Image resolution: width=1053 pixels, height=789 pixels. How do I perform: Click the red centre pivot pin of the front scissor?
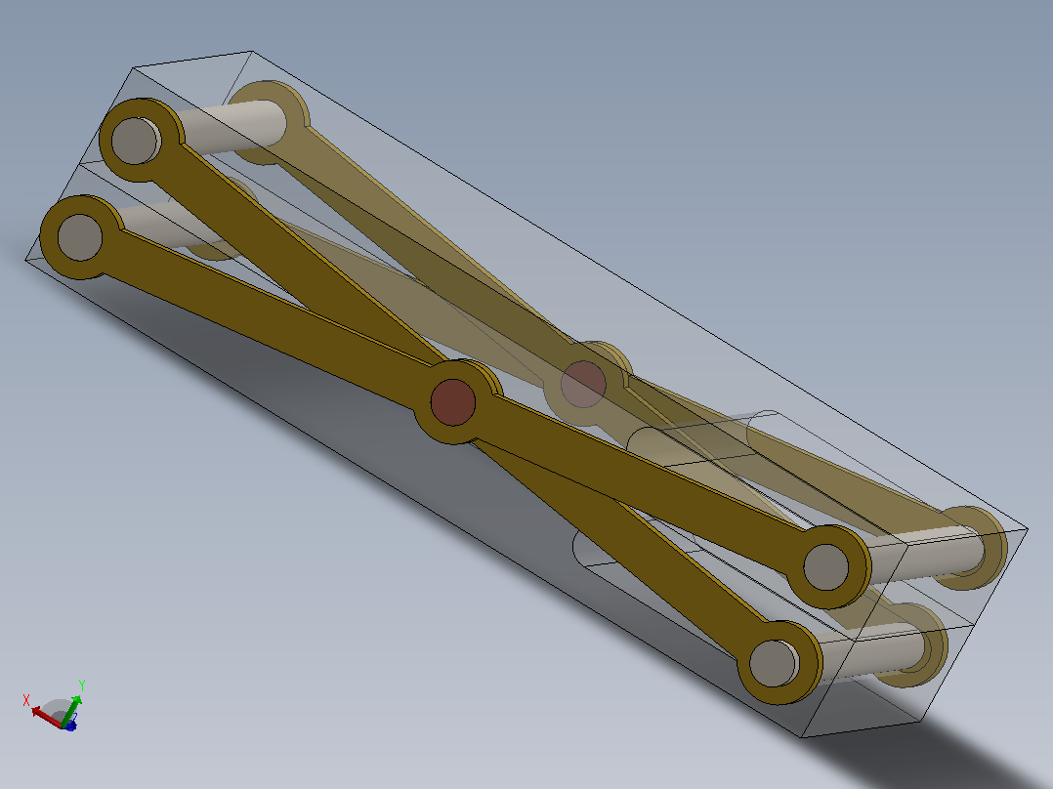(453, 402)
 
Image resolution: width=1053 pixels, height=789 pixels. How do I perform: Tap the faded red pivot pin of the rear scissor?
(583, 384)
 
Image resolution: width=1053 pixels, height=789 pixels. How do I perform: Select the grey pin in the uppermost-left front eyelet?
(136, 141)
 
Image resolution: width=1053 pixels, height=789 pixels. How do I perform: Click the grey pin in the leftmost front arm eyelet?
(80, 237)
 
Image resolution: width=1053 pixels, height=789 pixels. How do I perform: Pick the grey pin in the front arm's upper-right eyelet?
(826, 567)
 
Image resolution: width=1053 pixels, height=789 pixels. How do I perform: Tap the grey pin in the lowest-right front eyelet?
(773, 663)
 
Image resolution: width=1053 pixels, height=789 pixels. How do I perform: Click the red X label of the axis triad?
(26, 700)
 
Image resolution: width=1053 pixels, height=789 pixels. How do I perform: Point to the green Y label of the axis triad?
(81, 685)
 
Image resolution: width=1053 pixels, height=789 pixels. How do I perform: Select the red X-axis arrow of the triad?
(46, 716)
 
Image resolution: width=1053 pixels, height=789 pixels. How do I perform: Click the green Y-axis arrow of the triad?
(71, 711)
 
